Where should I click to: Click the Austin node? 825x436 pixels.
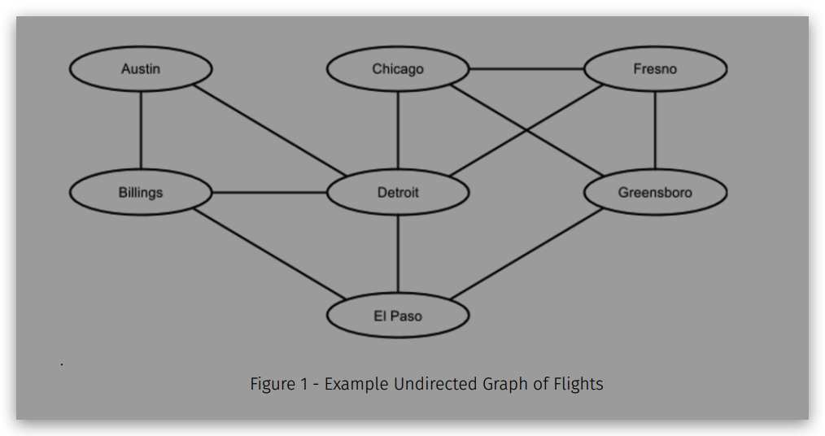(x=141, y=69)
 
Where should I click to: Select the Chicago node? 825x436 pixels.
(x=398, y=69)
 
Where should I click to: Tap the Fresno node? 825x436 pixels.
(x=655, y=69)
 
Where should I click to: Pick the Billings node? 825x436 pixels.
(x=141, y=193)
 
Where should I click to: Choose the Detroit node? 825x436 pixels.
(x=398, y=193)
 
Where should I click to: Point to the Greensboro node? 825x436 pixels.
(x=655, y=193)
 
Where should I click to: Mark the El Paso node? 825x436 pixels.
(x=398, y=316)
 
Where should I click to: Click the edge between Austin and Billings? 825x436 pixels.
(x=141, y=130)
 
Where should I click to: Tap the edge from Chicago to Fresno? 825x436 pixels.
(x=527, y=69)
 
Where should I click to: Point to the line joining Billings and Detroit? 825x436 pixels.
(x=268, y=193)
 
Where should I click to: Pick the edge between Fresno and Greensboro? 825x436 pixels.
(x=655, y=130)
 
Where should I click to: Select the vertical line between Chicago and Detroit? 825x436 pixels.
(x=398, y=130)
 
